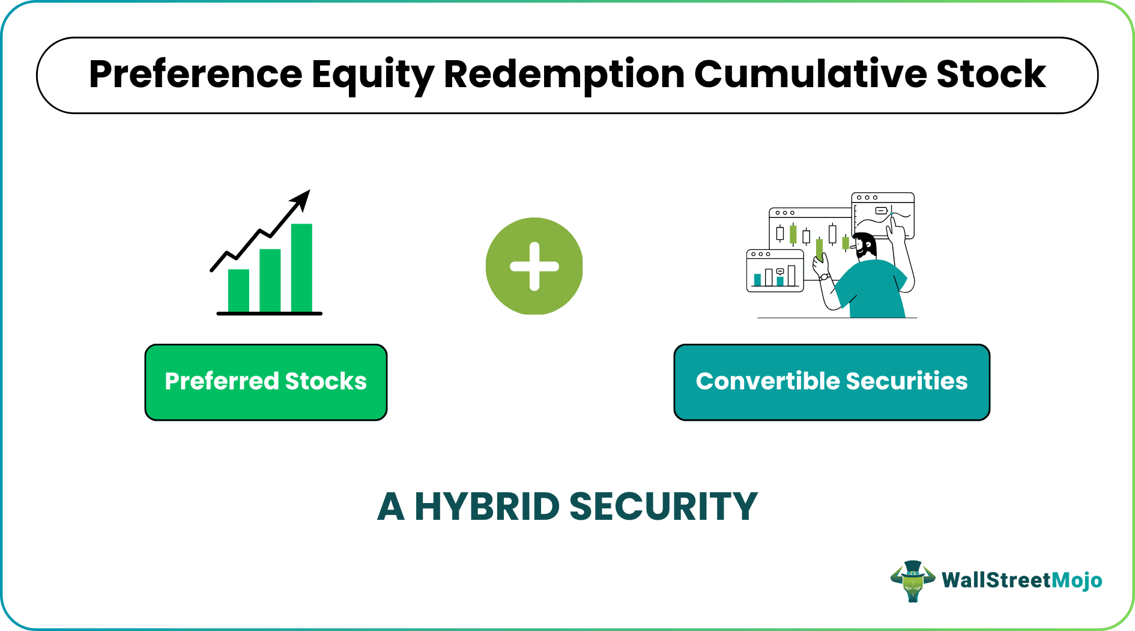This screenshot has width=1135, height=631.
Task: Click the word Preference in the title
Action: [x=195, y=75]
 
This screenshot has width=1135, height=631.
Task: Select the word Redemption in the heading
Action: [x=564, y=75]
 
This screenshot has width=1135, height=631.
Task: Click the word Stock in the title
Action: [x=991, y=75]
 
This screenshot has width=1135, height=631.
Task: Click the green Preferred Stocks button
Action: [x=265, y=382]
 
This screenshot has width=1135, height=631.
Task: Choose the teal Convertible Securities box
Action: [x=831, y=382]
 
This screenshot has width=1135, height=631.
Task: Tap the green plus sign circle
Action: [x=534, y=266]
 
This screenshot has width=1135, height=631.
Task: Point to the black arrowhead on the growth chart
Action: [x=301, y=199]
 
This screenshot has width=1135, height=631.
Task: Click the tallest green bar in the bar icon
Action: [x=301, y=267]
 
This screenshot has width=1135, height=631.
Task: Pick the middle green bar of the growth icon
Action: [x=270, y=280]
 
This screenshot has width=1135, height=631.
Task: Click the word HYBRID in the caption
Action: [x=487, y=507]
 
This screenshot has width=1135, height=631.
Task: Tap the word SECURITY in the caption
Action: [x=663, y=507]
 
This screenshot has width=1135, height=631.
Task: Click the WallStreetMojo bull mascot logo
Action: [x=912, y=581]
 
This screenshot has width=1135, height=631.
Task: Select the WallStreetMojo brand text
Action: [x=1022, y=581]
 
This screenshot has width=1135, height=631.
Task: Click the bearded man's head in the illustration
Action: [x=865, y=245]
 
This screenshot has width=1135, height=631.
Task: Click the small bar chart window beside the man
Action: [x=775, y=272]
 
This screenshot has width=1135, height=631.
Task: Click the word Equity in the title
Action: [x=372, y=75]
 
